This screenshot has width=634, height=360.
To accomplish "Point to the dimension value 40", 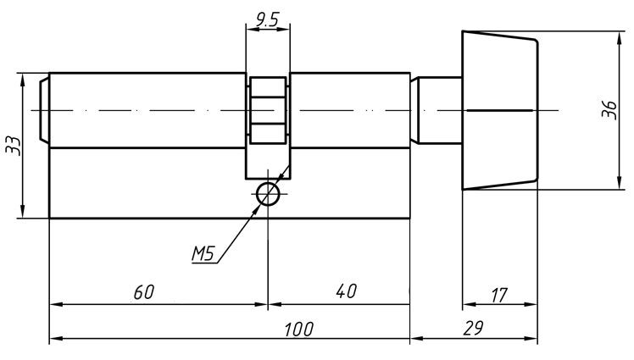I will [345, 291].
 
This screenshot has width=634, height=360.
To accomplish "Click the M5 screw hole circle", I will [269, 194].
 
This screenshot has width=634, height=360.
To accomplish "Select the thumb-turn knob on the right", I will [499, 110].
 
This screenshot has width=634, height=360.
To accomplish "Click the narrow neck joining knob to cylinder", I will [440, 110].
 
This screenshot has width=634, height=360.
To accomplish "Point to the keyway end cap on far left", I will [45, 110].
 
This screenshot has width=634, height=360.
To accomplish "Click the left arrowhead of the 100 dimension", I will [54, 340].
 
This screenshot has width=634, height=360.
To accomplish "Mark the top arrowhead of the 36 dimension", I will [617, 36].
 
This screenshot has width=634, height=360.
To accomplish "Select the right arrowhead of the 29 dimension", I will [532, 340].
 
